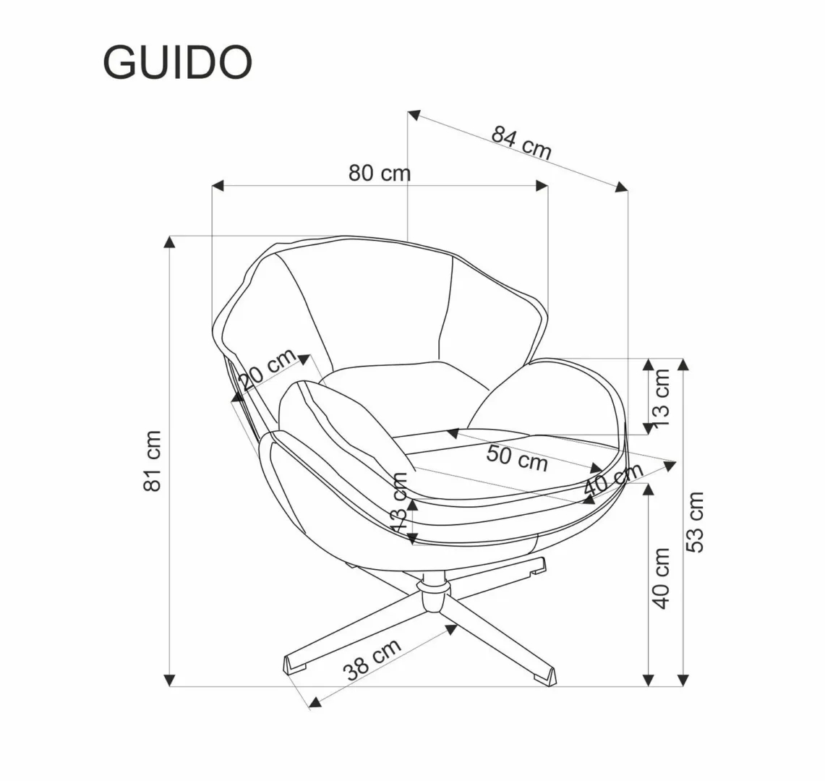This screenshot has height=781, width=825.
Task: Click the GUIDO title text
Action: coord(178,63)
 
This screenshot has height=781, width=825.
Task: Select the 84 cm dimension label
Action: coord(521,142)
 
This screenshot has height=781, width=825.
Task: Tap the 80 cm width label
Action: coord(380,174)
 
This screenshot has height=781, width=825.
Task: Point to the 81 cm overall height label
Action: coord(153,461)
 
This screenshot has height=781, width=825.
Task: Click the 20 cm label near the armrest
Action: coord(268,370)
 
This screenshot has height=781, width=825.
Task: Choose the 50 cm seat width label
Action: coord(517,458)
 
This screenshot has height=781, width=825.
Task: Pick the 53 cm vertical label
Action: coord(695,521)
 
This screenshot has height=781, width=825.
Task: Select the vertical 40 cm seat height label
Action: coord(662,578)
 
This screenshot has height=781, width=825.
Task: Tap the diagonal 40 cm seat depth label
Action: coord(613,478)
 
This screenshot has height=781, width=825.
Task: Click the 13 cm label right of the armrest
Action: coord(662,397)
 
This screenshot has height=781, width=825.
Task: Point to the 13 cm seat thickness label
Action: coord(400,503)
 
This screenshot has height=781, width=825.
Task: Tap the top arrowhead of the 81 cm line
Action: coord(170,242)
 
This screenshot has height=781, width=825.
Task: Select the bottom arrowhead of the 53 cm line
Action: coord(683,680)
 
